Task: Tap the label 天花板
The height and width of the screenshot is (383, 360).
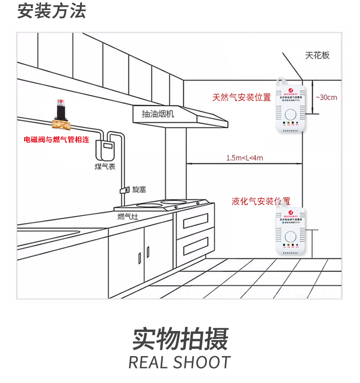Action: coord(317,56)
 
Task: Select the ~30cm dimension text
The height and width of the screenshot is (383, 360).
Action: coord(326,97)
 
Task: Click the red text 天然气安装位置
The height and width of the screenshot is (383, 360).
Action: coord(242,98)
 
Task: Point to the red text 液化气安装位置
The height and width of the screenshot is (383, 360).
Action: coord(261,201)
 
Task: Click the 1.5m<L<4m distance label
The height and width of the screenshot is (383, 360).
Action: coord(245,158)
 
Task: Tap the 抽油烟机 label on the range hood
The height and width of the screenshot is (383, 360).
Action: coord(158,114)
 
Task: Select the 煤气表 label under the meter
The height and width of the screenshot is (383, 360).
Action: coord(105,167)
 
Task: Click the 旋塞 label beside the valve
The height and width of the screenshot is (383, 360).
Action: coord(139,189)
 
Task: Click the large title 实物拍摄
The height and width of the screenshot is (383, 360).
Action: coord(180,339)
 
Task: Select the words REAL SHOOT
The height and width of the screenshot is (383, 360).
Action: coord(180,362)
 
